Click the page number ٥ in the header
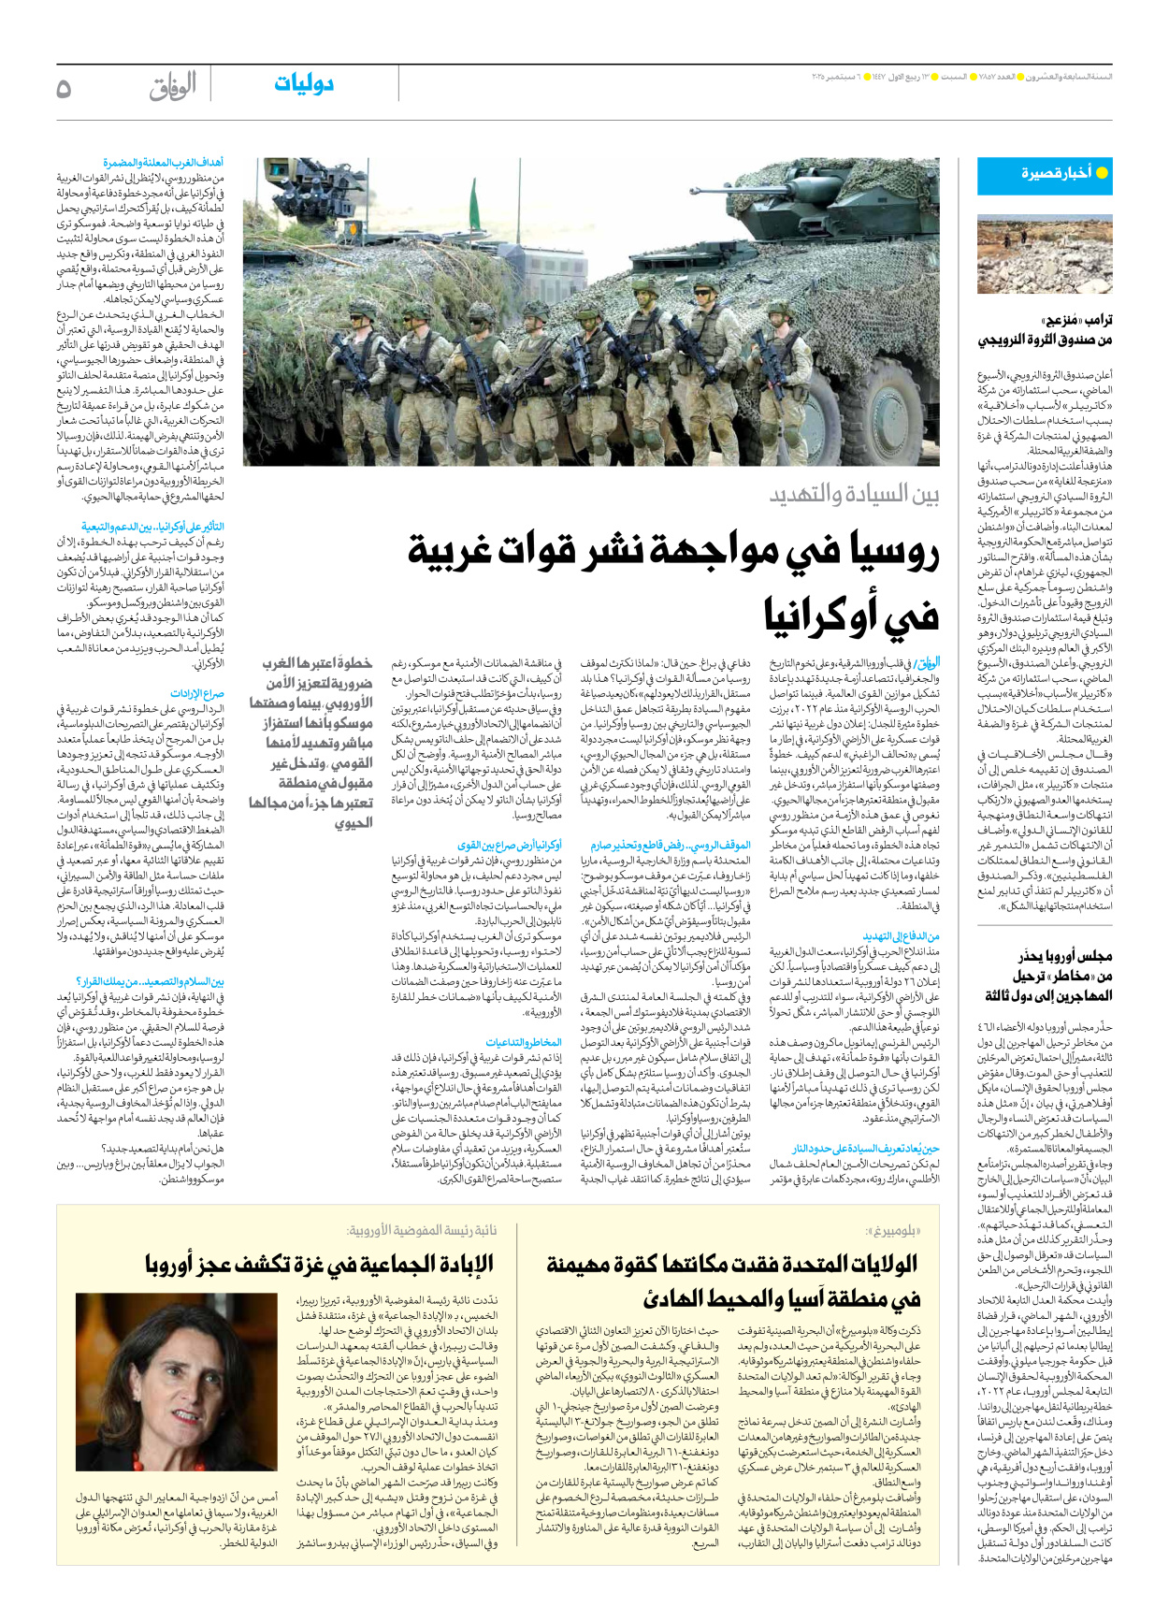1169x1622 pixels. [x=64, y=88]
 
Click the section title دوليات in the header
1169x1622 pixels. [x=304, y=84]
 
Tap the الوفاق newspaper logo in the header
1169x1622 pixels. [x=172, y=87]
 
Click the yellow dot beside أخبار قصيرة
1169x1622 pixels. [x=1102, y=173]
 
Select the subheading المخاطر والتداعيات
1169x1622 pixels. [x=524, y=1042]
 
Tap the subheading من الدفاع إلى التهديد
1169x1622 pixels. [x=901, y=936]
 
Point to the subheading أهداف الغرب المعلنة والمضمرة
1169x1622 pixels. [x=164, y=163]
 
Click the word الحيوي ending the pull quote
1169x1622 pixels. [x=353, y=823]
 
